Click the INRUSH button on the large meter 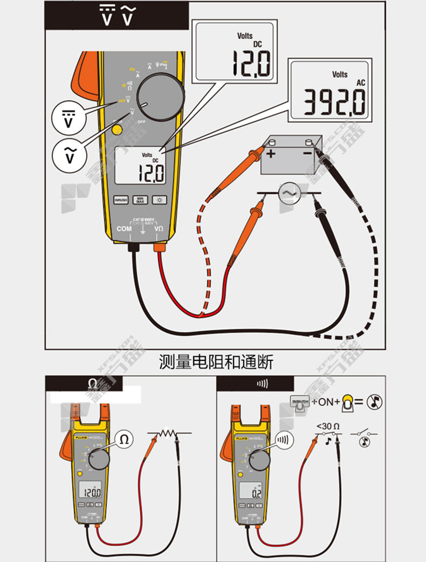click(121, 200)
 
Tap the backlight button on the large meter click(159, 200)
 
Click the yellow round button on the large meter click(117, 129)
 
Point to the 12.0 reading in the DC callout click(251, 63)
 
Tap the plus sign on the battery click(270, 154)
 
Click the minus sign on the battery click(307, 153)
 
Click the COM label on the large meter click(125, 229)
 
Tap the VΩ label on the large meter click(160, 229)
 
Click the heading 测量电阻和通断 click(216, 362)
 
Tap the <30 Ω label click(328, 426)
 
